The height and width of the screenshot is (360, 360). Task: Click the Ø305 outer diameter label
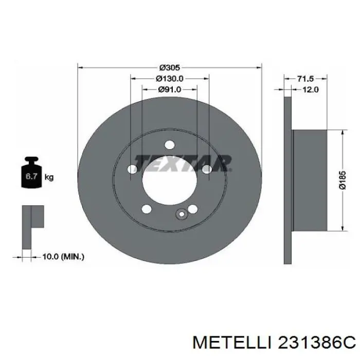[x=170, y=68]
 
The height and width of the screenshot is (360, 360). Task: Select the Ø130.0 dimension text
[x=170, y=79]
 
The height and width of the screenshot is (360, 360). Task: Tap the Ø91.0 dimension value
[x=170, y=89]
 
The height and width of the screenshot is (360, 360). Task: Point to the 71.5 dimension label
[x=305, y=79]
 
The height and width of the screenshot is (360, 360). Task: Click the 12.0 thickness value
[x=310, y=89]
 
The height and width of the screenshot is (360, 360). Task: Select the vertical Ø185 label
[x=343, y=180]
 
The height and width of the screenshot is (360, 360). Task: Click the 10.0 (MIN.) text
[x=63, y=257]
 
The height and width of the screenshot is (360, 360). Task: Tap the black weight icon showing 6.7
[x=31, y=172]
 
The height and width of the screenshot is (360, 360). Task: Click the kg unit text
[x=49, y=177]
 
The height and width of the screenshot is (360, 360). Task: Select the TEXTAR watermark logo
[x=183, y=163]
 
